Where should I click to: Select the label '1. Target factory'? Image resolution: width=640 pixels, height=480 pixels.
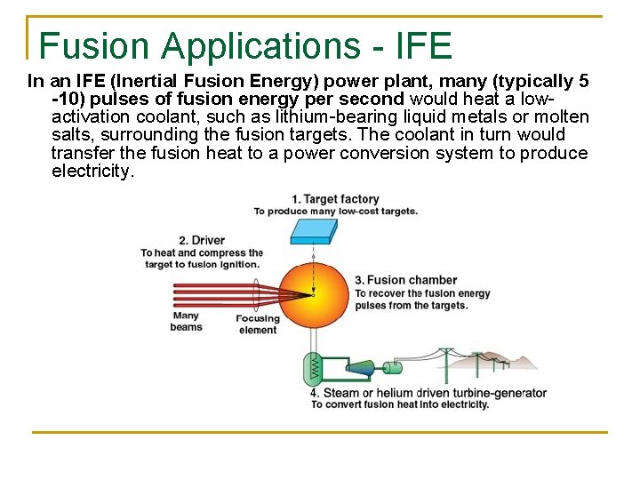click(335, 199)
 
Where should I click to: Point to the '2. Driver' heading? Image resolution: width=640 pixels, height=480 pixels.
click(202, 240)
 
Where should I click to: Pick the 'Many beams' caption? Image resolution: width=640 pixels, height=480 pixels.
click(186, 321)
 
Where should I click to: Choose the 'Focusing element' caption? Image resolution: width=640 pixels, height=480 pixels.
click(258, 324)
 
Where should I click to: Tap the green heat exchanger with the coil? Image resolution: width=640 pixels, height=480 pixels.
click(313, 367)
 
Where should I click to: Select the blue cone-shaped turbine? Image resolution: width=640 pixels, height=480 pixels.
click(359, 367)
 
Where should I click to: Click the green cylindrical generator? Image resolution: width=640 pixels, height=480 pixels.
click(391, 366)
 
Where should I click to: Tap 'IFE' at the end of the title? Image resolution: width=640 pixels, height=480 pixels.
click(421, 45)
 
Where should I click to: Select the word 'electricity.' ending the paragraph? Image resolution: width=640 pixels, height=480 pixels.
click(93, 171)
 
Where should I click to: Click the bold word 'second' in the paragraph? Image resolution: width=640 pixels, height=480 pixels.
click(369, 100)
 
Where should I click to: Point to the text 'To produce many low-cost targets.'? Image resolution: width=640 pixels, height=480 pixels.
click(335, 212)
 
